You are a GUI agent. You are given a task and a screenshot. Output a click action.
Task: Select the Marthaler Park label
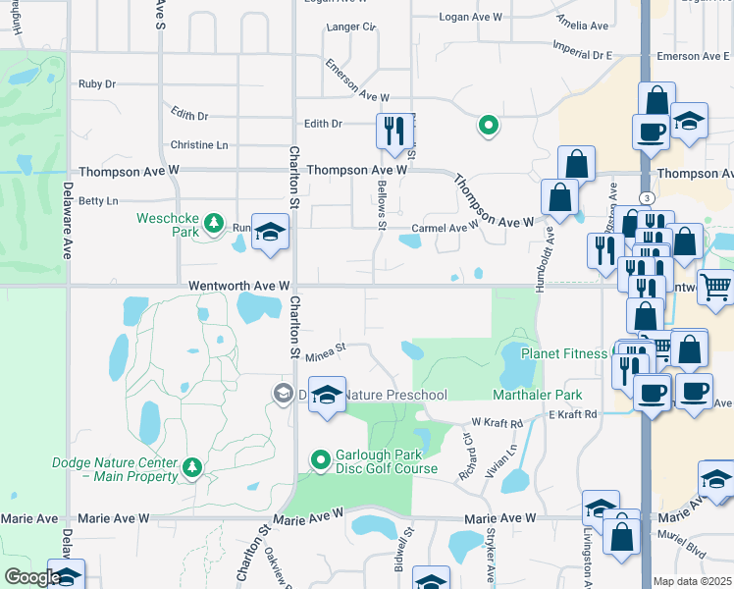pyautogui.click(x=537, y=395)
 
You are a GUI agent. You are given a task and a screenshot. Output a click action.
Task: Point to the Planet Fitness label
pyautogui.click(x=563, y=353)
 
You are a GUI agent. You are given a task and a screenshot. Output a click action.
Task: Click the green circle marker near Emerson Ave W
pyautogui.click(x=487, y=125)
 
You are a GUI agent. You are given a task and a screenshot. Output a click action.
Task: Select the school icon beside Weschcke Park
pyautogui.click(x=270, y=232)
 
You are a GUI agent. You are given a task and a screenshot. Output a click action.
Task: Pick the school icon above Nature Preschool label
pyautogui.click(x=327, y=394)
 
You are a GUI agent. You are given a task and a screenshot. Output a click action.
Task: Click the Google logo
pyautogui.click(x=31, y=577)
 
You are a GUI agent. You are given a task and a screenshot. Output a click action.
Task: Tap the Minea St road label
pyautogui.click(x=326, y=347)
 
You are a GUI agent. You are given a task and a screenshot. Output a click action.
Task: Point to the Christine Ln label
pyautogui.click(x=199, y=145)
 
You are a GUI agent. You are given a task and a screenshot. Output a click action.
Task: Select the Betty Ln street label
pyautogui.click(x=97, y=200)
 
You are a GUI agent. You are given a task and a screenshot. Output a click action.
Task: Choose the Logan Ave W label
pyautogui.click(x=470, y=18)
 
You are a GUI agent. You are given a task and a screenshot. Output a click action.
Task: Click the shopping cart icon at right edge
pyautogui.click(x=716, y=287)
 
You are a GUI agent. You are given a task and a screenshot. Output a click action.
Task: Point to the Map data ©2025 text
pyautogui.click(x=693, y=581)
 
